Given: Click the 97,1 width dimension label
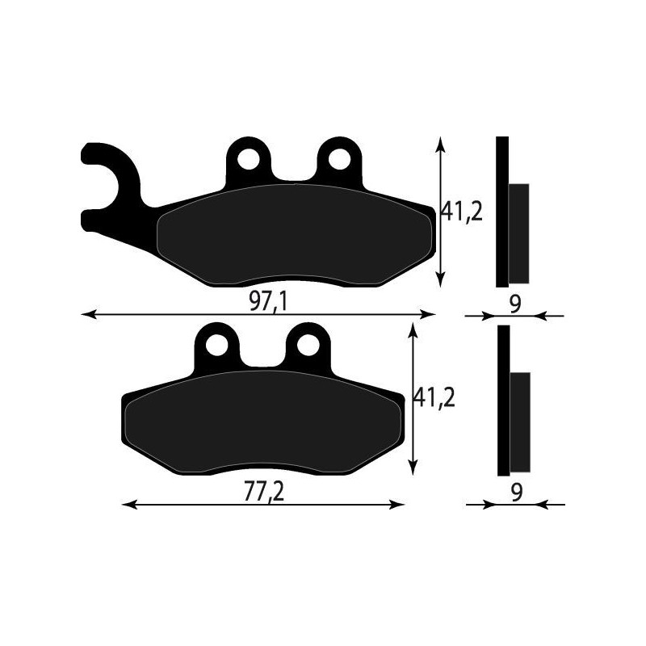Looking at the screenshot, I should (268, 301).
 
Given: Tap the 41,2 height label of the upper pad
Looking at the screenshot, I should (461, 212).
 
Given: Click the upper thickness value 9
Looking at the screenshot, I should (516, 304).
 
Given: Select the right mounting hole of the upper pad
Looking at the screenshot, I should (338, 158).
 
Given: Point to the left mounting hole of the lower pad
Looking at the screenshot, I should (216, 345).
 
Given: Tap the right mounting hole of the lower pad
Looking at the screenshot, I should (307, 345).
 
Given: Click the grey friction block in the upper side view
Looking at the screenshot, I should (518, 233).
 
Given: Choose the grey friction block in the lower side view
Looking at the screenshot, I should (520, 422).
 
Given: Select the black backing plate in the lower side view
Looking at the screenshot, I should (503, 400).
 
